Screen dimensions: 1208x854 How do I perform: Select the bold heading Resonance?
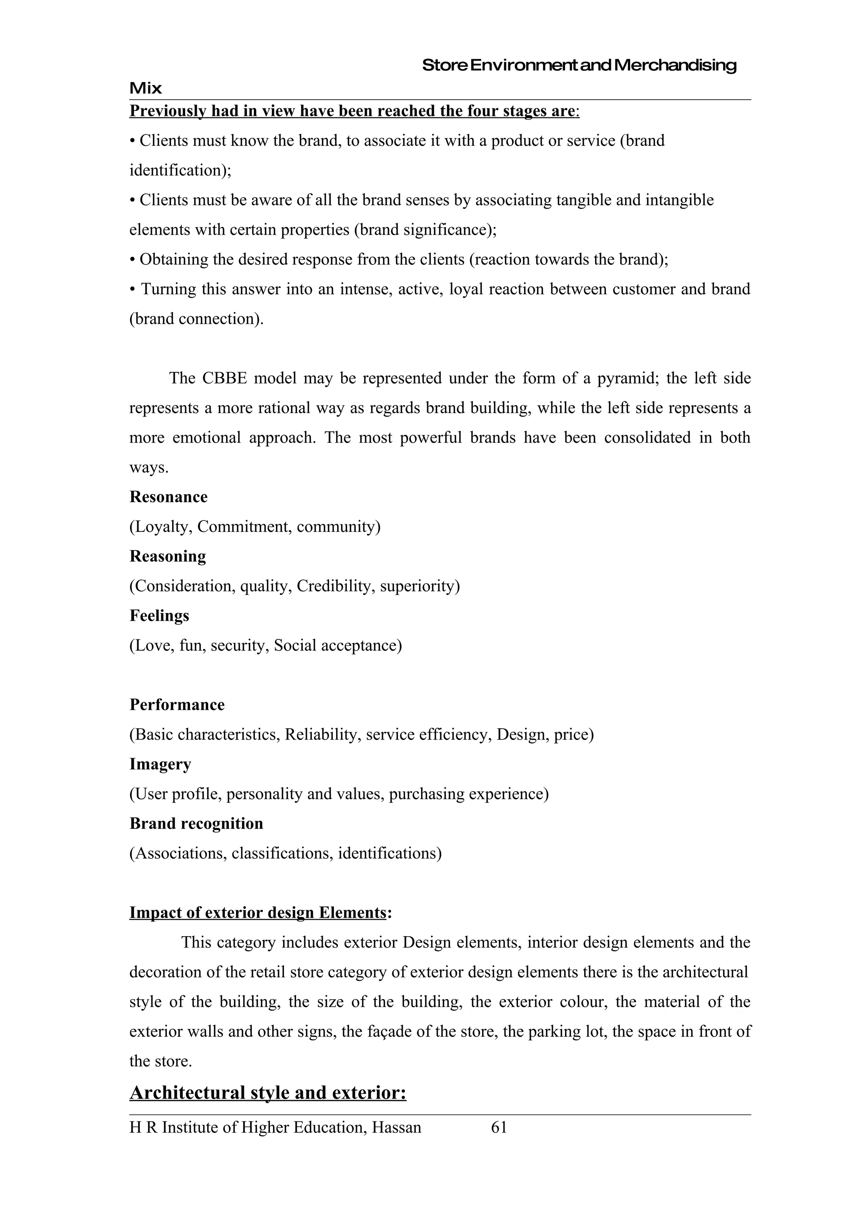(168, 497)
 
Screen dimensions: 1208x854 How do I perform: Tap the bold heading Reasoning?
(167, 556)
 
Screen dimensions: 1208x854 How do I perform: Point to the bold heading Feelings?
(159, 616)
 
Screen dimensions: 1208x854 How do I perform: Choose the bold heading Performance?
(177, 704)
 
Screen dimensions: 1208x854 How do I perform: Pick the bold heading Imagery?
(160, 764)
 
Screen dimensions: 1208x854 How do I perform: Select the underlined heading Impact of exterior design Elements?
(258, 912)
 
